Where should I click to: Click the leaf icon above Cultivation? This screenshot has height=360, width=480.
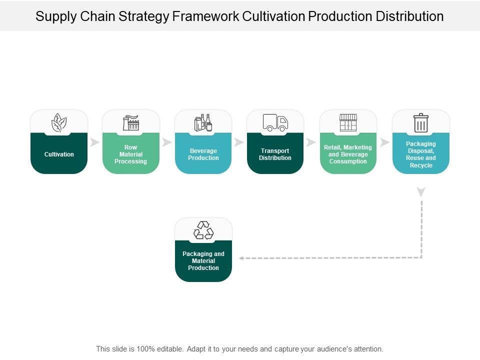point(59,123)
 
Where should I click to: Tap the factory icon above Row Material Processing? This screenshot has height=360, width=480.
point(131,123)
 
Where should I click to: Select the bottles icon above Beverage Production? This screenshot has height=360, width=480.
point(203,123)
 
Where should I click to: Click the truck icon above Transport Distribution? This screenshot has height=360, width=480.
point(275,123)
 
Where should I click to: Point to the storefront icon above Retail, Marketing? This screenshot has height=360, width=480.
point(348,123)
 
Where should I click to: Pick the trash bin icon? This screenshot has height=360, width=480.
point(421,123)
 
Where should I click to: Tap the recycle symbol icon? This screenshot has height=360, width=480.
point(203,230)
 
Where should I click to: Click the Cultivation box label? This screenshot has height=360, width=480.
point(59,154)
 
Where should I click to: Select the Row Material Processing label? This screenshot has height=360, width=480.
point(130,154)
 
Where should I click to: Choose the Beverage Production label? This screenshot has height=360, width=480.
point(203,154)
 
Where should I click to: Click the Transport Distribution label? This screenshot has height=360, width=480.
point(275,154)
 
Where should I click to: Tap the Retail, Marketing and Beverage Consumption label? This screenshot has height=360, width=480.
point(348,154)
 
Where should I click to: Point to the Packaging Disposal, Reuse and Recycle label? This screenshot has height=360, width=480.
point(421,154)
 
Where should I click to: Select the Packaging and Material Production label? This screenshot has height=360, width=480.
point(203,261)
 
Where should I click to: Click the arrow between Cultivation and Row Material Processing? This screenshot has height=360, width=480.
point(95,142)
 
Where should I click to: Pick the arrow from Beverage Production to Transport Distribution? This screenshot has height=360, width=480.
point(239,142)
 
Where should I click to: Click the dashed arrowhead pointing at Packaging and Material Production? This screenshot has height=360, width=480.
point(241,258)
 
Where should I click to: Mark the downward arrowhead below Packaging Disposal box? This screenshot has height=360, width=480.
point(421,192)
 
